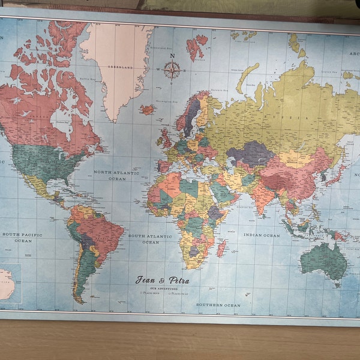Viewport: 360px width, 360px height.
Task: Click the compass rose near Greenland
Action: tap(172, 70)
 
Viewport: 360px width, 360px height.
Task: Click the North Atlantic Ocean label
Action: tap(110, 175)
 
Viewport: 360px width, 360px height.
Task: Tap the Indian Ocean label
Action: tap(262, 236)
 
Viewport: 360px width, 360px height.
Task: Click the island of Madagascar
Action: tap(221, 247)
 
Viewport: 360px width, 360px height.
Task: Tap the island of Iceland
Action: tap(147, 110)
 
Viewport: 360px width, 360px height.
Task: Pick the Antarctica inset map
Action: tap(7, 284)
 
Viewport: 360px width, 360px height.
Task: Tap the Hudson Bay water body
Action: tap(60, 120)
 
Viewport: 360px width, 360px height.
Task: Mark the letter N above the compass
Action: tap(173, 56)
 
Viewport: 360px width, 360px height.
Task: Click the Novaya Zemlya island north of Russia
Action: tap(248, 78)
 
